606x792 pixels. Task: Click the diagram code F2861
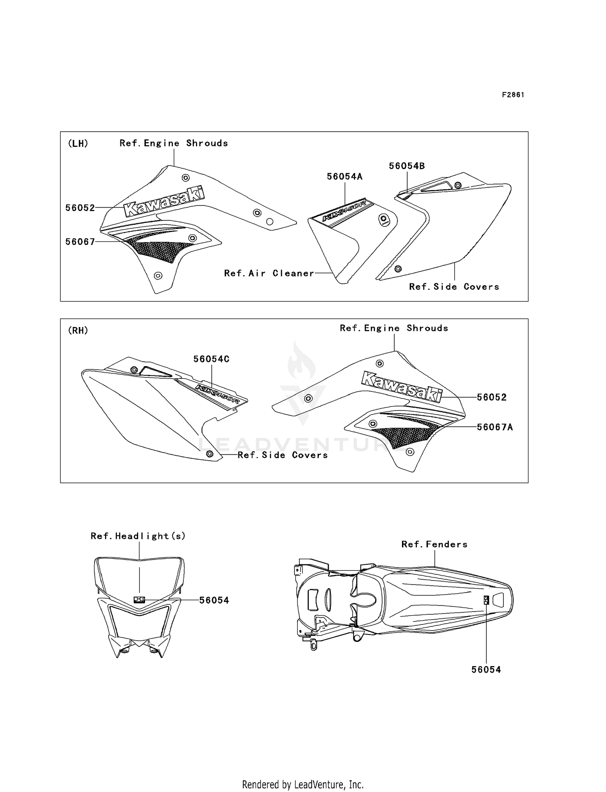pos(513,95)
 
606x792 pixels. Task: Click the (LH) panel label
pos(78,143)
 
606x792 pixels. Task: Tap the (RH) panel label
pos(78,330)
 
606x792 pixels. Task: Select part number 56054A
pos(345,176)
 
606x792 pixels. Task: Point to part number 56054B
pos(407,166)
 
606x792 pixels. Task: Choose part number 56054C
pos(211,359)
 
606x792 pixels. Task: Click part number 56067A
pos(495,427)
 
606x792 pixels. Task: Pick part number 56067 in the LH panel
pos(80,242)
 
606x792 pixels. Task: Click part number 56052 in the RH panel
pos(492,397)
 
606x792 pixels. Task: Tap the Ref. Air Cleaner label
pos(269,273)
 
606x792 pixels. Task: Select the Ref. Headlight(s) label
pos(138,536)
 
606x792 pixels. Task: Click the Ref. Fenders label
pos(434,544)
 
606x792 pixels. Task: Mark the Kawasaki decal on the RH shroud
pos(402,387)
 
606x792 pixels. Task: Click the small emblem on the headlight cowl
pos(139,599)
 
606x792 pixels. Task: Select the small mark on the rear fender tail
pos(486,600)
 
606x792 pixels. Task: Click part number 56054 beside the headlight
pos(214,600)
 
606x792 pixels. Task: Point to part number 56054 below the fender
pos(486,670)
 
